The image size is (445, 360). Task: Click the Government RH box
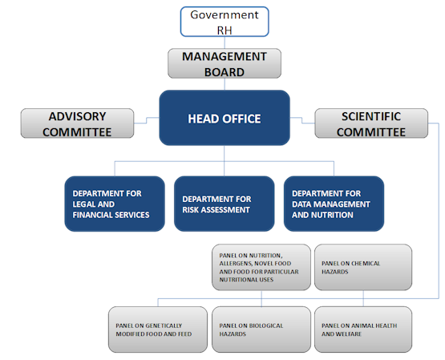(x=225, y=22)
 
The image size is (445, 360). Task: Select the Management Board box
(x=225, y=63)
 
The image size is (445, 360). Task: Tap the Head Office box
(x=225, y=118)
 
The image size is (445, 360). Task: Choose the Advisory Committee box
(x=77, y=123)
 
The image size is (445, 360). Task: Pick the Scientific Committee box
(x=371, y=123)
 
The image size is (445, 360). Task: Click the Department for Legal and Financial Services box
(x=115, y=204)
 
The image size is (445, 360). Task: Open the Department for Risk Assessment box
(x=225, y=204)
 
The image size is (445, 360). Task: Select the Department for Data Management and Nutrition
(x=334, y=204)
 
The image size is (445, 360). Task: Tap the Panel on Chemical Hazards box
(x=363, y=267)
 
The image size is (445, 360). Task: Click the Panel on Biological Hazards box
(x=261, y=330)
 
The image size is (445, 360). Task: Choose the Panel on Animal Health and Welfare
(x=363, y=330)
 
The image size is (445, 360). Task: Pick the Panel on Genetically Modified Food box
(x=158, y=330)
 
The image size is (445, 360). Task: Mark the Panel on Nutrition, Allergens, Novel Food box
(x=261, y=267)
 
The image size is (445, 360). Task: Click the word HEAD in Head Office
(x=203, y=119)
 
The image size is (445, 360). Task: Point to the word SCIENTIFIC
(x=371, y=116)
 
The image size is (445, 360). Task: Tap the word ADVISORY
(x=77, y=116)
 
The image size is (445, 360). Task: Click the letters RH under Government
(x=225, y=30)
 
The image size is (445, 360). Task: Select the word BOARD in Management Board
(x=225, y=72)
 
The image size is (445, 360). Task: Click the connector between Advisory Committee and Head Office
(x=147, y=120)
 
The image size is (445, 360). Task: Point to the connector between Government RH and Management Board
(x=225, y=42)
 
